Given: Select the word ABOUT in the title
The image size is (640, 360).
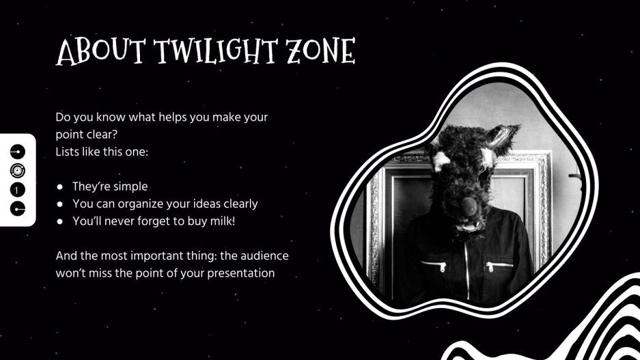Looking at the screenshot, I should tap(101, 51).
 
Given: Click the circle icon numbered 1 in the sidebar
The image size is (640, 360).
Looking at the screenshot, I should tap(18, 189).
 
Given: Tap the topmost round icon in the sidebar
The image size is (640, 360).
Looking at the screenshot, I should tap(18, 151).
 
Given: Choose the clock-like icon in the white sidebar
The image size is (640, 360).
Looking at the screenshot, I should tap(18, 170).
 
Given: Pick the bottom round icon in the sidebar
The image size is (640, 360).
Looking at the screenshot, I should tap(18, 208).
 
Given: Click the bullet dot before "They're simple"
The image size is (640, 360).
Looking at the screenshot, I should tap(60, 186).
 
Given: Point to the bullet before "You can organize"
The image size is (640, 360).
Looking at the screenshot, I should tap(60, 204).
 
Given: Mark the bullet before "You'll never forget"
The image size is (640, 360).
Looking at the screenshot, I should tap(60, 221).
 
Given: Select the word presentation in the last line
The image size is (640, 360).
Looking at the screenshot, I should tap(242, 273).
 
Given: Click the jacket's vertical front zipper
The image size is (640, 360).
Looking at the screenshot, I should tap(467, 266).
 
